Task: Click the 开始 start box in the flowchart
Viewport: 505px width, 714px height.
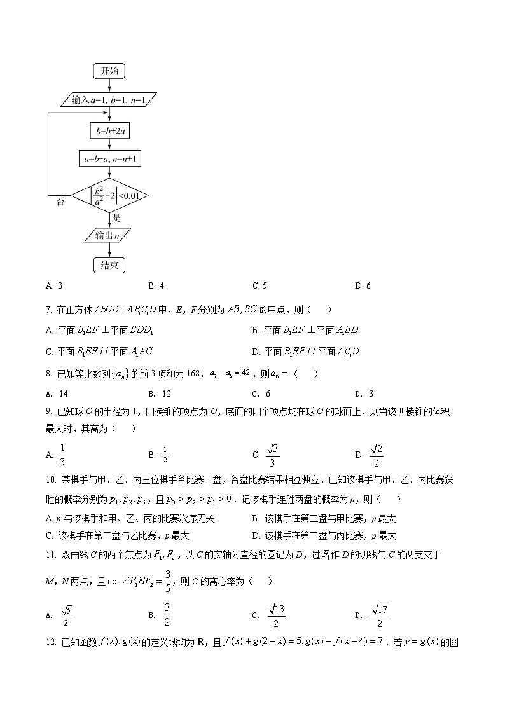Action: [x=109, y=71]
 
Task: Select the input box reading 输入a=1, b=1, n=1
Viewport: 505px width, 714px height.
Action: [x=109, y=100]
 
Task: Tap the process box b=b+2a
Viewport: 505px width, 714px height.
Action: [x=109, y=132]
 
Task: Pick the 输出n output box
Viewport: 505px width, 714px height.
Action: [x=109, y=235]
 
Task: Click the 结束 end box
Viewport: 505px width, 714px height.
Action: [x=109, y=265]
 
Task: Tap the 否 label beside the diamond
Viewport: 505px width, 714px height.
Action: [x=60, y=202]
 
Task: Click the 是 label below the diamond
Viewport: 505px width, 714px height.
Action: [x=116, y=217]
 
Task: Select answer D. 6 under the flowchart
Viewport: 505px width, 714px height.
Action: [x=363, y=285]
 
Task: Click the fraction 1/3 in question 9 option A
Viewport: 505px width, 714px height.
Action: [x=62, y=455]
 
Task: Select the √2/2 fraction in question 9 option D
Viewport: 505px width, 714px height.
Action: [x=376, y=455]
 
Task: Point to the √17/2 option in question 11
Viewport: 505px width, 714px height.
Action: [x=380, y=615]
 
